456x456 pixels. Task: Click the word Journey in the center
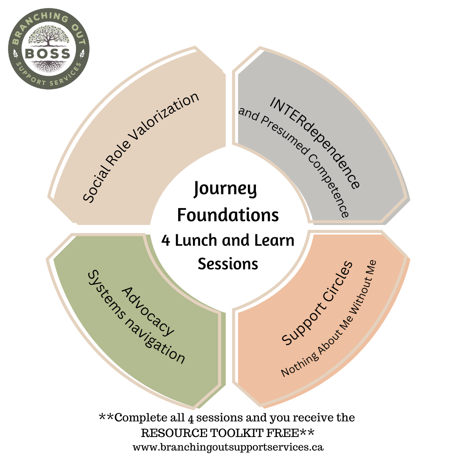point(225,189)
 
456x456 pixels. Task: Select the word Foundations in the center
point(228,214)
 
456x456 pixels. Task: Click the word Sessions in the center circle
point(228,264)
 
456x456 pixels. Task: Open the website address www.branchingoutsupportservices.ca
point(228,447)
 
